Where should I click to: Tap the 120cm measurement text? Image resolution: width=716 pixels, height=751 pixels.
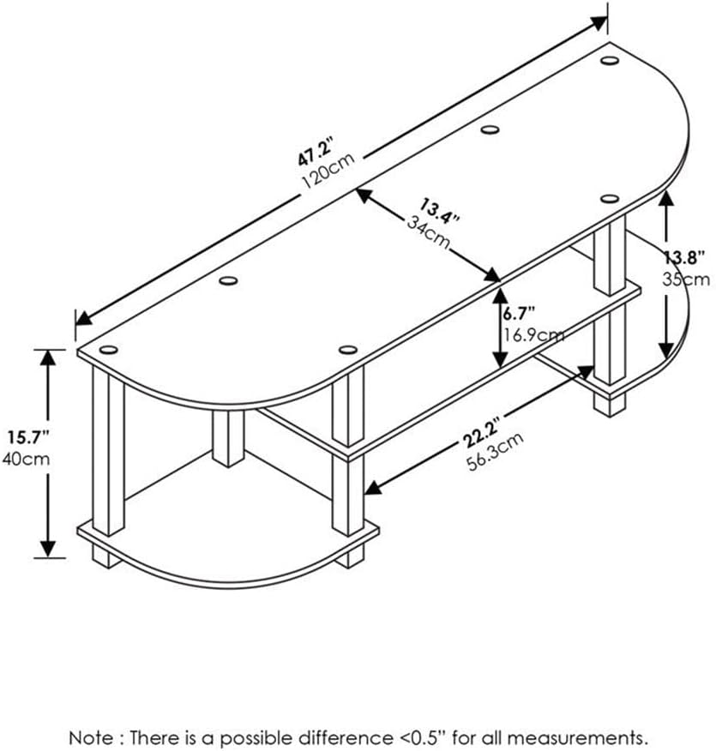point(328,171)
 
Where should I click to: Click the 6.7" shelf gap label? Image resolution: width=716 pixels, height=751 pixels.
point(519,314)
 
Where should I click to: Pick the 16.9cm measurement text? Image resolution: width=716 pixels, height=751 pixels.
point(532,335)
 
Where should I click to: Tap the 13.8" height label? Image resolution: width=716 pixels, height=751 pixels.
point(684,258)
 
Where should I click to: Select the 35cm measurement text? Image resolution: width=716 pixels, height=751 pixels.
point(686,279)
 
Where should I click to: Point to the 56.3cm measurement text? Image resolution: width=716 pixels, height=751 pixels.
point(496,452)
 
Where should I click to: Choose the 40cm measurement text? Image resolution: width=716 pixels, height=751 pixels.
point(26,459)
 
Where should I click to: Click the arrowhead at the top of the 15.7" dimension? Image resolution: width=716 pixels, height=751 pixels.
point(47,357)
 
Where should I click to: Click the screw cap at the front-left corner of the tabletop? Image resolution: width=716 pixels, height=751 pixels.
point(109,349)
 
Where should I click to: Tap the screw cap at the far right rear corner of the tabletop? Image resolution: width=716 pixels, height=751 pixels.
point(610,60)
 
